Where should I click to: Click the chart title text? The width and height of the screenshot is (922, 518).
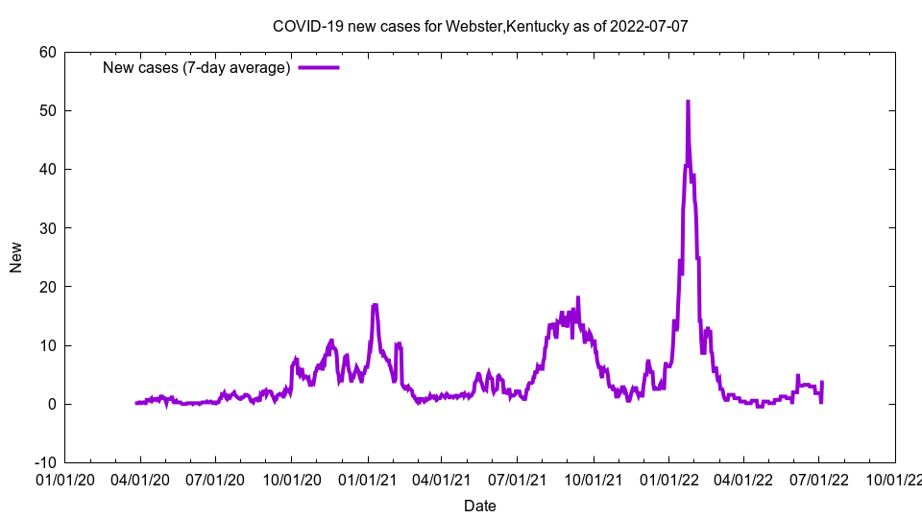click(480, 26)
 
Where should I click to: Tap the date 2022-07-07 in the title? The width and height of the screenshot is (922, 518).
click(649, 26)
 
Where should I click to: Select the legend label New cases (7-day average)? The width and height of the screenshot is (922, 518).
click(197, 68)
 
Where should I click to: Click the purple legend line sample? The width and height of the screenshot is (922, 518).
click(319, 68)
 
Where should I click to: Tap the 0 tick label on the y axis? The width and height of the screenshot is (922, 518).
click(52, 404)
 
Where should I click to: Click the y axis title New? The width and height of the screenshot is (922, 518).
click(16, 257)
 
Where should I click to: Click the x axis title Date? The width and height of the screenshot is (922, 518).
click(480, 506)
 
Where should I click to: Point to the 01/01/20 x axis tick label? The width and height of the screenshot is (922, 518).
click(64, 477)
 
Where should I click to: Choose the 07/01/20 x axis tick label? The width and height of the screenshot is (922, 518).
click(215, 477)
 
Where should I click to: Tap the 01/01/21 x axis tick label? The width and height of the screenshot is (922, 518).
click(367, 477)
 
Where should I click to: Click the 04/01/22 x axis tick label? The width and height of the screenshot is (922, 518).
click(743, 477)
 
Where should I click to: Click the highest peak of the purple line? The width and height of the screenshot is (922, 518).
click(688, 101)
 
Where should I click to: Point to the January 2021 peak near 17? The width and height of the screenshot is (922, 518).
click(375, 305)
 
